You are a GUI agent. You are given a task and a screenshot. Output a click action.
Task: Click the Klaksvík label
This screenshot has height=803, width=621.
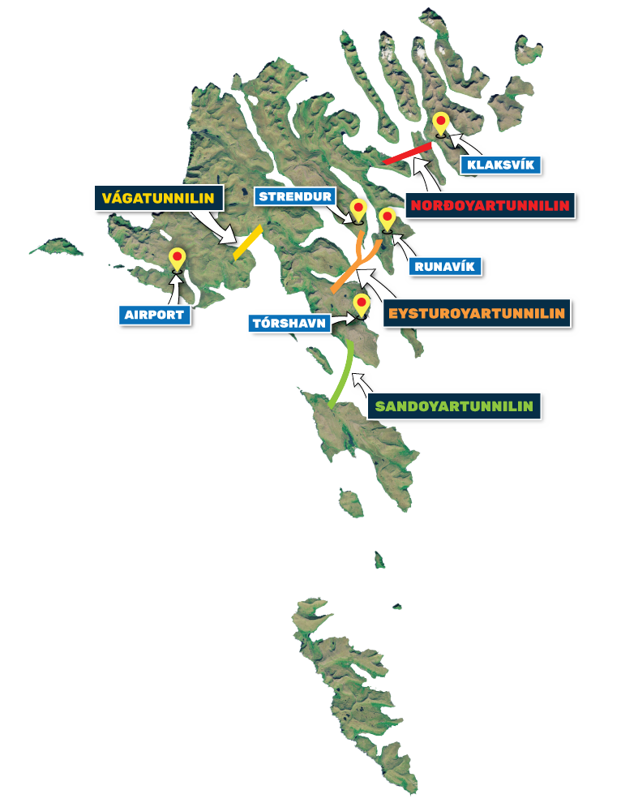coord(500,165)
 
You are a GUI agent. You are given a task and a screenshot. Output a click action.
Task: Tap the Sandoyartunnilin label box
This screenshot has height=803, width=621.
coord(454,405)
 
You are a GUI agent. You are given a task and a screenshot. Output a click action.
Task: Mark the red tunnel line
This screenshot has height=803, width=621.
coord(407,152)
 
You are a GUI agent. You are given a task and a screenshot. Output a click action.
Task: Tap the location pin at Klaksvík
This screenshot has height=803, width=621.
coord(441,124)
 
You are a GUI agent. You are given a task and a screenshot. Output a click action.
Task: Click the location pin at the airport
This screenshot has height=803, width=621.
coord(177,260)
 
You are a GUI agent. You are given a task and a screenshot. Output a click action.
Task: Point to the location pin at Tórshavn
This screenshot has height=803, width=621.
coord(361,304)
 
